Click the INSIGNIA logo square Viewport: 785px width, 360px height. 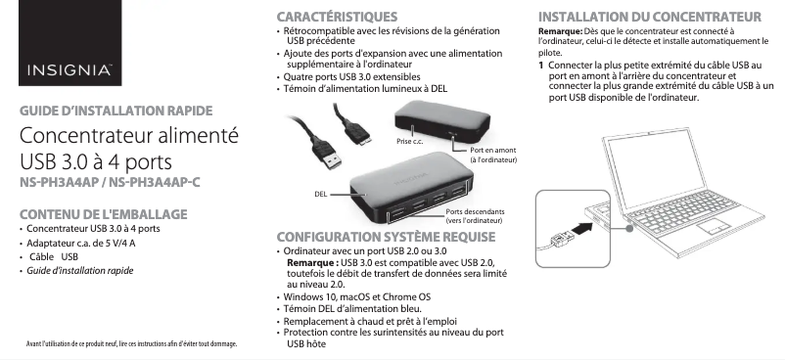click(70, 43)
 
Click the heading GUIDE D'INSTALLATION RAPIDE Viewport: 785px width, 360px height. click(116, 111)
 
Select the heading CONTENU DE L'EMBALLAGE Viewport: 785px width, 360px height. click(104, 214)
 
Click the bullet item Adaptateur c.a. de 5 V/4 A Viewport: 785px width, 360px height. click(81, 244)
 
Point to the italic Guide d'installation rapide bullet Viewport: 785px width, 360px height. click(80, 271)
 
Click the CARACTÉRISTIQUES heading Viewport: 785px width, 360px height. click(337, 17)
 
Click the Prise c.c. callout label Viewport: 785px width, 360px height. click(409, 142)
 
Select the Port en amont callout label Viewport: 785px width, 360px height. click(492, 151)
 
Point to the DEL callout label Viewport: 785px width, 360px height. click(321, 195)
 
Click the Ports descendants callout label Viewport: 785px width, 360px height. click(475, 212)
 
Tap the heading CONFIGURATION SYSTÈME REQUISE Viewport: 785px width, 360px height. click(386, 237)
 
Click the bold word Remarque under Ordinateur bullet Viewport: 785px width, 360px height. click(312, 263)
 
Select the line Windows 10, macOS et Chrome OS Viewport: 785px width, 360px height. click(357, 297)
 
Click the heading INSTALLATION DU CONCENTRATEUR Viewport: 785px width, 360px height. click(650, 17)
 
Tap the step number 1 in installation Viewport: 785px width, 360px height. click(540, 66)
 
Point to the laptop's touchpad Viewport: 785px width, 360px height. click(715, 226)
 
